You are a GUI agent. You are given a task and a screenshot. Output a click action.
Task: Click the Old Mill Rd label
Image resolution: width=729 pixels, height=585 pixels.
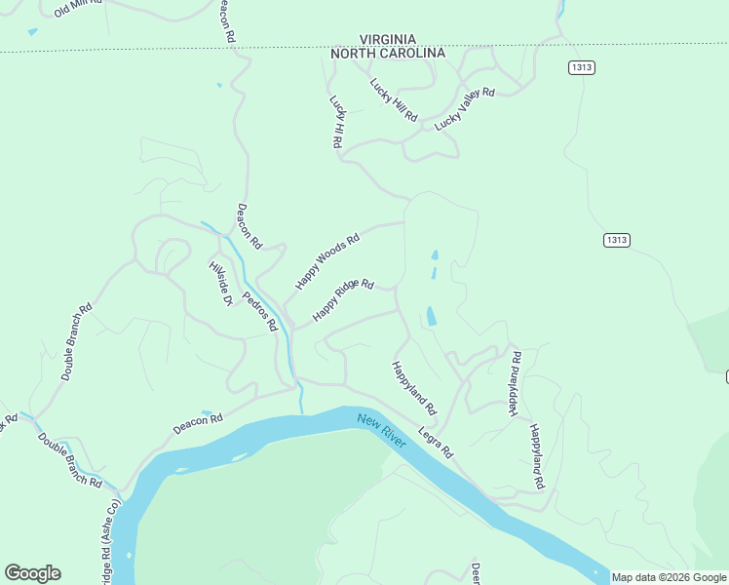click(x=78, y=9)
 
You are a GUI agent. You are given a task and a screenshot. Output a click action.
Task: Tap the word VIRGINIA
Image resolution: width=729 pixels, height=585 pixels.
click(x=388, y=38)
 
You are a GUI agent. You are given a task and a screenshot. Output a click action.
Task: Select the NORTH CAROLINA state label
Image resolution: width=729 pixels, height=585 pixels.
click(x=388, y=53)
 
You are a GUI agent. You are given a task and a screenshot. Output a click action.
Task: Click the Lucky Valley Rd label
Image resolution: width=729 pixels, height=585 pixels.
click(x=465, y=108)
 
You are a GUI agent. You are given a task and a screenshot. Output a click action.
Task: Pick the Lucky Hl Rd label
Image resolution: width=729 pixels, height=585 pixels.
click(x=337, y=121)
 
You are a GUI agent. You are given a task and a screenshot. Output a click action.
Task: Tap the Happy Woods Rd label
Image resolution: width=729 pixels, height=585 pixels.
click(x=328, y=260)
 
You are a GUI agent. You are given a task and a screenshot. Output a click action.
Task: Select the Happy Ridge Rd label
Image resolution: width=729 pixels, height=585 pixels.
click(x=343, y=300)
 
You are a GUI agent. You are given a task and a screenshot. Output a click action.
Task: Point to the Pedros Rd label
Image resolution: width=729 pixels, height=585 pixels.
click(x=261, y=311)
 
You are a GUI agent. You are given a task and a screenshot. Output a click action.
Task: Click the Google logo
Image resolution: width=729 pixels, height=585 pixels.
click(x=32, y=573)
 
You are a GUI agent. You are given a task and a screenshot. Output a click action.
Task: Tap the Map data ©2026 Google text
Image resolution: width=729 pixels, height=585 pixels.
click(x=669, y=577)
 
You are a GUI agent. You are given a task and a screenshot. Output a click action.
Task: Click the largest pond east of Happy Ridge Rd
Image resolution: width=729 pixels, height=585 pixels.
click(x=430, y=317)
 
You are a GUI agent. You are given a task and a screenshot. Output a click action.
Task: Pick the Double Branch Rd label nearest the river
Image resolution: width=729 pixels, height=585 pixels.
click(x=70, y=459)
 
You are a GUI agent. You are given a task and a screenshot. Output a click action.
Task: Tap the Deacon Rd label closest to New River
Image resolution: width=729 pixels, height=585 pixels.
click(x=198, y=424)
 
